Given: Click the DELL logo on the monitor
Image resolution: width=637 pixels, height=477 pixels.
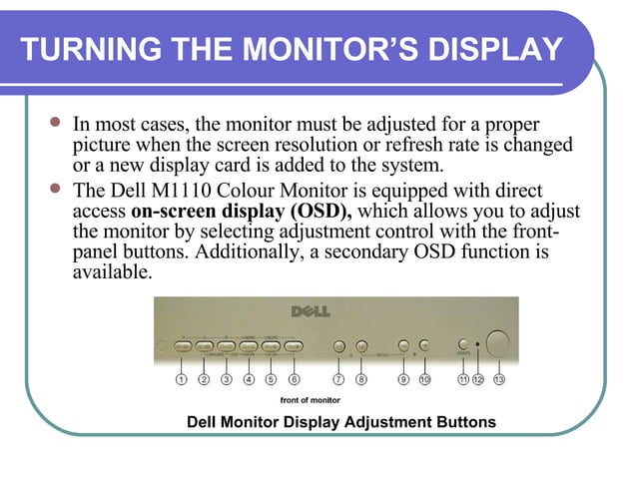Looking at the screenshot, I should pyautogui.click(x=310, y=311).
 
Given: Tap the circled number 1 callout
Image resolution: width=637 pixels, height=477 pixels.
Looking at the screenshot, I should pyautogui.click(x=181, y=379).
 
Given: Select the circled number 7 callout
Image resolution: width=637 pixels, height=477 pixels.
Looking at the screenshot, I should pyautogui.click(x=338, y=379).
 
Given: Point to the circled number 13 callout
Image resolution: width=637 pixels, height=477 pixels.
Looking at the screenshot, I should pyautogui.click(x=499, y=379).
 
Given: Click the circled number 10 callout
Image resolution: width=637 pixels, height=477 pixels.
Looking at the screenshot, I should pyautogui.click(x=424, y=379).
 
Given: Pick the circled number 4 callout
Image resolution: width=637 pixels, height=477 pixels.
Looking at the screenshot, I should pyautogui.click(x=249, y=379).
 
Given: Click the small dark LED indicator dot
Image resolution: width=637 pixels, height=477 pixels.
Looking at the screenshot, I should pyautogui.click(x=479, y=345).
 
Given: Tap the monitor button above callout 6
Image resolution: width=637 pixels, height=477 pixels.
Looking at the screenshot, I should pyautogui.click(x=294, y=346).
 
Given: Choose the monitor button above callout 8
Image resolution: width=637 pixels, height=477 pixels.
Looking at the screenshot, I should pyautogui.click(x=360, y=346).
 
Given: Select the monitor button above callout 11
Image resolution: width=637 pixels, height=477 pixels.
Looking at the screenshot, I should pyautogui.click(x=463, y=344).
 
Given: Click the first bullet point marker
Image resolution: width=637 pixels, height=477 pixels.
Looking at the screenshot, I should pyautogui.click(x=55, y=126).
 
